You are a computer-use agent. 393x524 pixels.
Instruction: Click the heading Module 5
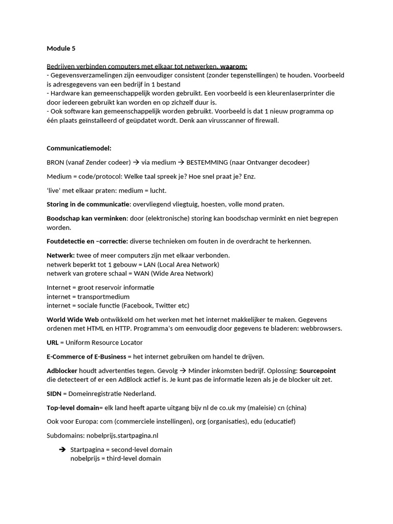point(61,49)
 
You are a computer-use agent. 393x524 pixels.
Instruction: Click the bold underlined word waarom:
point(234,66)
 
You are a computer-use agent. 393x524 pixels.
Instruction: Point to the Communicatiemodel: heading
point(79,148)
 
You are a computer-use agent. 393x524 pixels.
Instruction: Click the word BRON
point(55,162)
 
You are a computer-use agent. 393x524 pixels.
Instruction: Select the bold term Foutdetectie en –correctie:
point(87,241)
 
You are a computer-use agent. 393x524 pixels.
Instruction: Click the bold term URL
point(52,342)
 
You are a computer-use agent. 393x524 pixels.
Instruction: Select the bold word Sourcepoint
point(318,370)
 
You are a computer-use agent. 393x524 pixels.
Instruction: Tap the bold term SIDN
point(54,394)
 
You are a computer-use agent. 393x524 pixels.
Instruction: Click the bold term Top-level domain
point(72,407)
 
